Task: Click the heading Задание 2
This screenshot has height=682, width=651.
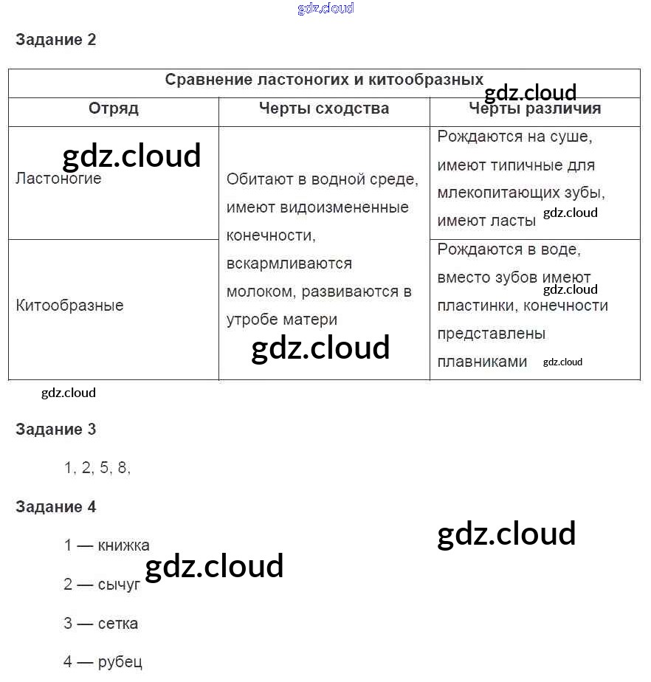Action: [56, 40]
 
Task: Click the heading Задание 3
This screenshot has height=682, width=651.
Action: [56, 430]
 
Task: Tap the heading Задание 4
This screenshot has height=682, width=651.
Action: [56, 507]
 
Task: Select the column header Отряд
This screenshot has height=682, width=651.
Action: [114, 108]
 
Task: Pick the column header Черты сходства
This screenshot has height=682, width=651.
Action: [324, 108]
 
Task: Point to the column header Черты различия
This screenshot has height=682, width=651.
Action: [535, 108]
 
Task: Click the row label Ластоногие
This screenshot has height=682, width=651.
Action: [58, 179]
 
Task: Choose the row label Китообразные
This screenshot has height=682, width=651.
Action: [69, 306]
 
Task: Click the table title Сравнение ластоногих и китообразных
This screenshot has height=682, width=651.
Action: [324, 80]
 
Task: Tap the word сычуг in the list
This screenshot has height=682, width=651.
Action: [119, 585]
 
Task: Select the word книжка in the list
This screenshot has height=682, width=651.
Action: [123, 546]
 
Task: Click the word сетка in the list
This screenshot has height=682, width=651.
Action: [117, 624]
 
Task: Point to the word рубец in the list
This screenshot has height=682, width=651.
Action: [120, 662]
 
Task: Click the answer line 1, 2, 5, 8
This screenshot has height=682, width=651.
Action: [97, 468]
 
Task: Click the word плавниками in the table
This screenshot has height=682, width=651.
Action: [482, 362]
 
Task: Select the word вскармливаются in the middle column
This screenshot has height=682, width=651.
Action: [289, 263]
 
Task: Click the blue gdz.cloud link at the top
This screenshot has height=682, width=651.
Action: [325, 8]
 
